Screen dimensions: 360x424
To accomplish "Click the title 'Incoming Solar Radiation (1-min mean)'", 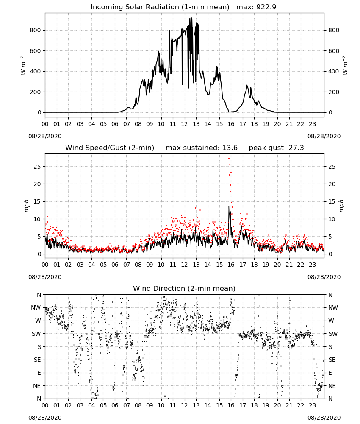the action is pyautogui.click(x=160, y=7).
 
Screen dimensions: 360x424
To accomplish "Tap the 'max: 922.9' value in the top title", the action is pyautogui.click(x=256, y=7).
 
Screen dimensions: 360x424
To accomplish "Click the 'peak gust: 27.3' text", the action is pyautogui.click(x=276, y=148).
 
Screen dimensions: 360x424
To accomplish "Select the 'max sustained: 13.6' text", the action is pyautogui.click(x=202, y=148).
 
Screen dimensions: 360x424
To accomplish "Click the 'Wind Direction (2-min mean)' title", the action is pyautogui.click(x=184, y=288).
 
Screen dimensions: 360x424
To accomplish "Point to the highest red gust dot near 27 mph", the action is pyautogui.click(x=229, y=159).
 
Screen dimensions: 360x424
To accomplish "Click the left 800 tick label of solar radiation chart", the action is pyautogui.click(x=36, y=30).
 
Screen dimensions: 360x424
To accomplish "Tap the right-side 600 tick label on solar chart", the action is pyautogui.click(x=334, y=51).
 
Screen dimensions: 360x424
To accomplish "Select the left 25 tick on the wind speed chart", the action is pyautogui.click(x=37, y=167).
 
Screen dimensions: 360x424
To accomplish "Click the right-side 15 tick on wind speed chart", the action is pyautogui.click(x=332, y=201).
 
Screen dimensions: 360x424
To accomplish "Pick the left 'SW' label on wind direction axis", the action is pyautogui.click(x=36, y=334).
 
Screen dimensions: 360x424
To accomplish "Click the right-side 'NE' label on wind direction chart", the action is pyautogui.click(x=332, y=386).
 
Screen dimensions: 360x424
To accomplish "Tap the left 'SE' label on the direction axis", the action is pyautogui.click(x=37, y=360).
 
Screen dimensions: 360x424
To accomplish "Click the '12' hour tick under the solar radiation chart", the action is pyautogui.click(x=185, y=124).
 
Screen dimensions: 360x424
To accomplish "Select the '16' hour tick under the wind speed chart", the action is pyautogui.click(x=231, y=265).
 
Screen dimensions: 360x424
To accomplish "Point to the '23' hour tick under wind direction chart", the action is pyautogui.click(x=312, y=406).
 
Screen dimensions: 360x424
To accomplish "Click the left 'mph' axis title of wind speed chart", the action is pyautogui.click(x=26, y=206).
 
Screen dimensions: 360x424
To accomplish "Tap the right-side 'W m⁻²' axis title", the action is pyautogui.click(x=345, y=65).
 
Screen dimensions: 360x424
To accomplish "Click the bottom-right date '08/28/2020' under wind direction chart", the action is pyautogui.click(x=324, y=418).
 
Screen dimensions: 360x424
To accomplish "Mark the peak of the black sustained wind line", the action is pyautogui.click(x=229, y=206).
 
